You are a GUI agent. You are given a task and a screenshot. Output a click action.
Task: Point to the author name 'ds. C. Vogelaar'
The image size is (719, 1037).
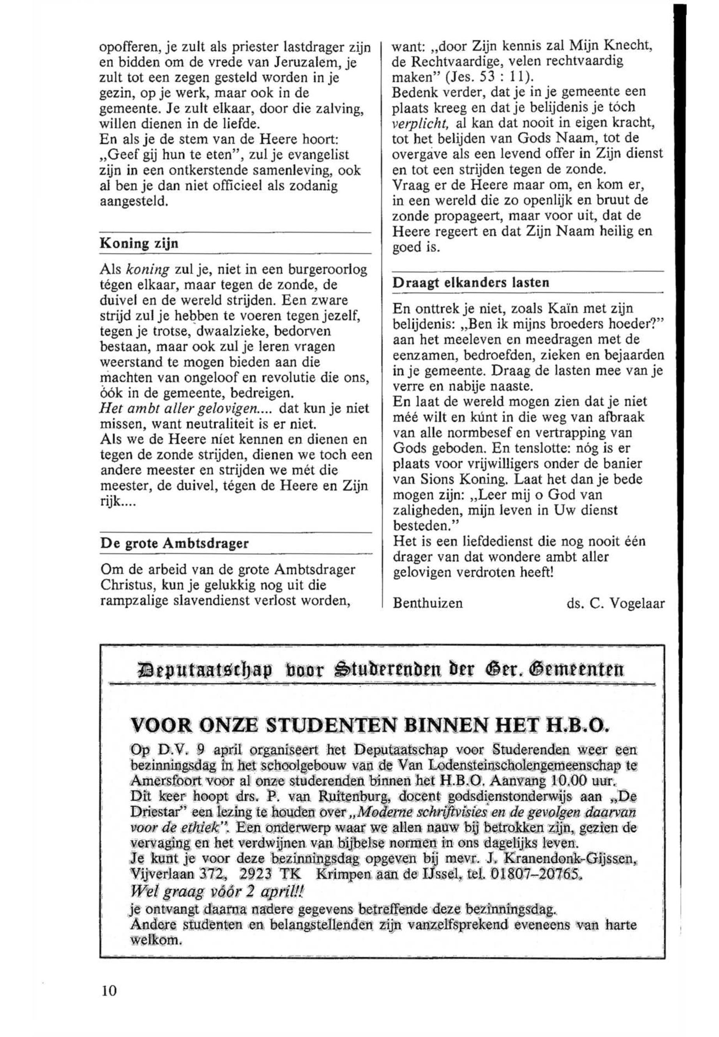pos(615,603)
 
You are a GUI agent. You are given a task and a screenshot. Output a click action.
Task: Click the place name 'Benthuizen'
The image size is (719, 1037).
pos(428,603)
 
